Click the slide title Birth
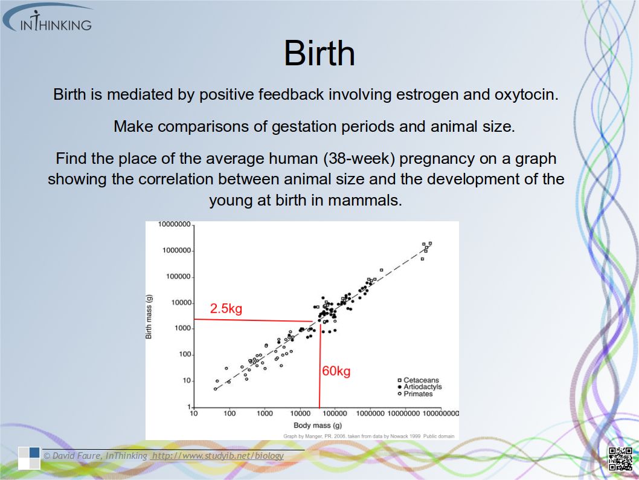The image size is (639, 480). (x=319, y=53)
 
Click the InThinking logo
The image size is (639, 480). (x=49, y=19)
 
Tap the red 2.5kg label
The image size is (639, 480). (x=226, y=308)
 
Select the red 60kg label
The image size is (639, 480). (x=336, y=371)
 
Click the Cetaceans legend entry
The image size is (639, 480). (x=419, y=380)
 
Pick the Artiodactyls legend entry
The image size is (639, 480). (x=420, y=387)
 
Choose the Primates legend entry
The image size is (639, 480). (x=416, y=394)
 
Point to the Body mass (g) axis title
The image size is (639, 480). (x=318, y=426)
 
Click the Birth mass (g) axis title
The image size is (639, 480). (x=149, y=316)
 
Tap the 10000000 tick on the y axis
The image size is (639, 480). (x=175, y=224)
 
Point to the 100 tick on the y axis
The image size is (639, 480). (x=185, y=354)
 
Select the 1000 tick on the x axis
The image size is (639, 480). (x=265, y=414)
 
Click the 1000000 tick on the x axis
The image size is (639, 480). (x=370, y=414)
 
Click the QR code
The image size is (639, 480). (x=621, y=458)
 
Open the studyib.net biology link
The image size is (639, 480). (x=217, y=456)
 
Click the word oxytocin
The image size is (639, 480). (x=526, y=95)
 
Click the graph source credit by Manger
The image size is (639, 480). (x=369, y=436)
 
